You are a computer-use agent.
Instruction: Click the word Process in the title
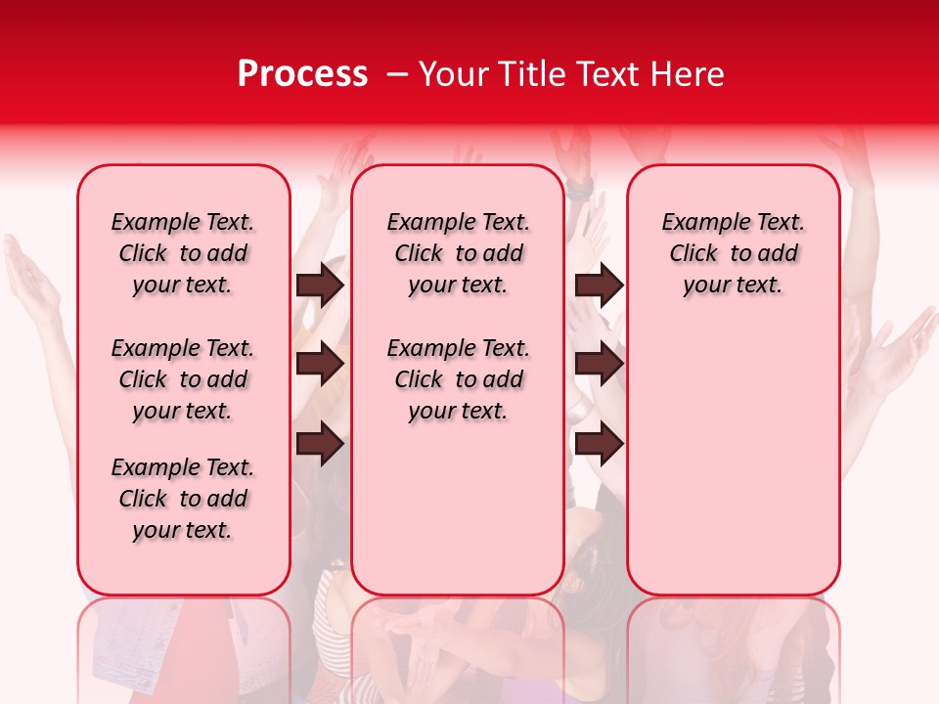point(302,74)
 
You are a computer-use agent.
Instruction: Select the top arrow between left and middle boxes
point(320,286)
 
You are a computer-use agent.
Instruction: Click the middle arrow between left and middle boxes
point(320,365)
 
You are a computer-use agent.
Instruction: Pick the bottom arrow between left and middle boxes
point(320,445)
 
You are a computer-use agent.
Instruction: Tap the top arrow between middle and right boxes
point(599,286)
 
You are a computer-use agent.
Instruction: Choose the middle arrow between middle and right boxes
point(599,365)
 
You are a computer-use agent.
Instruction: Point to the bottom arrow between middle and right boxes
point(599,445)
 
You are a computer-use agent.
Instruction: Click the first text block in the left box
point(183,253)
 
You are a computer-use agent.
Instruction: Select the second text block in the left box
point(183,379)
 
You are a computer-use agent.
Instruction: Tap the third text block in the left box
point(183,499)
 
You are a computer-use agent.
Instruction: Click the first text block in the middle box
point(458,253)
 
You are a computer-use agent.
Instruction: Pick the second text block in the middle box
point(458,379)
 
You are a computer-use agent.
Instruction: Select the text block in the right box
point(734,253)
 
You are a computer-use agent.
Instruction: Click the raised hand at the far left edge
point(29,274)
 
